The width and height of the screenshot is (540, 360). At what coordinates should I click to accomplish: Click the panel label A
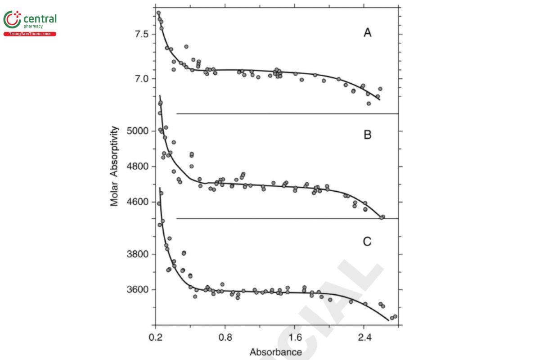point(368,33)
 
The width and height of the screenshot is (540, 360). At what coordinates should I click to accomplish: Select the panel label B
point(368,135)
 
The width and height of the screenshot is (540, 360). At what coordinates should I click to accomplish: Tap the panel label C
point(367,242)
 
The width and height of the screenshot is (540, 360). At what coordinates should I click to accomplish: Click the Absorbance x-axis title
point(276,352)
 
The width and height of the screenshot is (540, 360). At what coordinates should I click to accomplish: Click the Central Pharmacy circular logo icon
point(12,20)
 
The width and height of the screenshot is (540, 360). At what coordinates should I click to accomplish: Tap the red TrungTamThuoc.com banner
point(30,34)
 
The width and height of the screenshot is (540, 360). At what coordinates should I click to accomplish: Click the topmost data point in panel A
point(158,13)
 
